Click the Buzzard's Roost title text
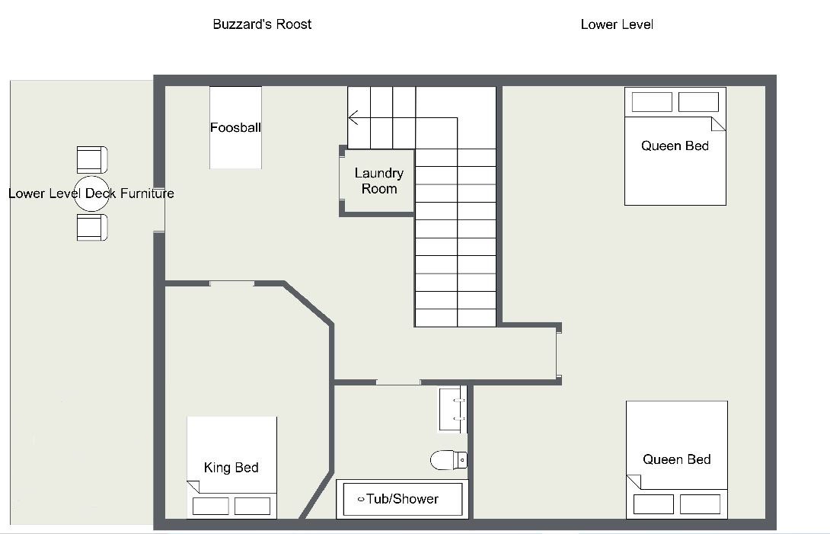pyautogui.click(x=262, y=24)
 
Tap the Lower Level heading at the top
pyautogui.click(x=617, y=24)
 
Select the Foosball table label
pyautogui.click(x=235, y=128)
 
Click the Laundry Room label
pyautogui.click(x=379, y=181)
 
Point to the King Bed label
pyautogui.click(x=231, y=467)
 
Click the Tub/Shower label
pyautogui.click(x=402, y=499)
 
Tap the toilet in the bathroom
pyautogui.click(x=449, y=460)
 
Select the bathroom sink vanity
pyautogui.click(x=452, y=410)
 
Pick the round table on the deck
pyautogui.click(x=91, y=194)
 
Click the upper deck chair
pyautogui.click(x=92, y=160)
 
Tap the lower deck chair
pyautogui.click(x=92, y=227)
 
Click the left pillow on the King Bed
pyautogui.click(x=211, y=506)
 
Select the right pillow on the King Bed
pyautogui.click(x=253, y=506)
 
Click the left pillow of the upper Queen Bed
pyautogui.click(x=652, y=102)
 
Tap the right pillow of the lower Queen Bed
pyautogui.click(x=701, y=504)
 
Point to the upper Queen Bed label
pyautogui.click(x=675, y=145)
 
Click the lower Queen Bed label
pyautogui.click(x=676, y=459)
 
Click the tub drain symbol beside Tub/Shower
pyautogui.click(x=361, y=499)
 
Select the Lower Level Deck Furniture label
pyautogui.click(x=91, y=193)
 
